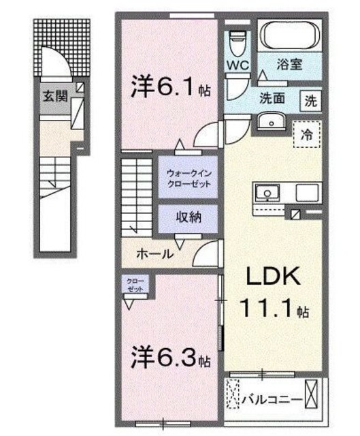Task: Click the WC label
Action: tap(238, 65)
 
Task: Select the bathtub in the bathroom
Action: tap(290, 35)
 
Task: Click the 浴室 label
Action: tap(289, 64)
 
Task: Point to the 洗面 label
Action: tap(272, 98)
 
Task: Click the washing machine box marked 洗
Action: tap(310, 102)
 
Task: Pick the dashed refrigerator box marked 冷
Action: tap(307, 135)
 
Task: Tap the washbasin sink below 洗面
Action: tap(272, 121)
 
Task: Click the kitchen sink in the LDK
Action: tap(267, 193)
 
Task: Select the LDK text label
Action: tap(274, 276)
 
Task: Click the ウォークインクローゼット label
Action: tap(189, 178)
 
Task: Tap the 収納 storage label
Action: tap(189, 217)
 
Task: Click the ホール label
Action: tap(155, 253)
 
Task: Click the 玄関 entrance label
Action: tap(55, 97)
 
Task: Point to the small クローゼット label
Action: tap(135, 285)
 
